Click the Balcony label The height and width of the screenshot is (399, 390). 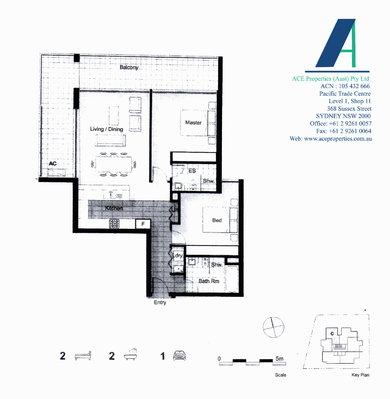pyautogui.click(x=129, y=67)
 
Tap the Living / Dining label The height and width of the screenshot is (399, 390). pyautogui.click(x=107, y=129)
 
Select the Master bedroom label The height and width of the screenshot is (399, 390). pyautogui.click(x=194, y=122)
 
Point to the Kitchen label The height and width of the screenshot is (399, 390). pyautogui.click(x=114, y=208)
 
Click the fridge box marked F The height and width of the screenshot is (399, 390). pyautogui.click(x=143, y=224)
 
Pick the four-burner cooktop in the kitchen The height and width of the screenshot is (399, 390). pyautogui.click(x=114, y=224)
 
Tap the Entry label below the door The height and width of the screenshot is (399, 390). pyautogui.click(x=160, y=303)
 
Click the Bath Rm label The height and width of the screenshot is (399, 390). pyautogui.click(x=209, y=281)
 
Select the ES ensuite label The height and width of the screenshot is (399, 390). pyautogui.click(x=192, y=171)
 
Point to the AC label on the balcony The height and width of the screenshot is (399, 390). pyautogui.click(x=53, y=164)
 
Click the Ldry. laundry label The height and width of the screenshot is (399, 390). pyautogui.click(x=178, y=255)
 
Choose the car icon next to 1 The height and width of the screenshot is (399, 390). pyautogui.click(x=180, y=355)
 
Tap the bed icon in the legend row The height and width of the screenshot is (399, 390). pyautogui.click(x=83, y=356)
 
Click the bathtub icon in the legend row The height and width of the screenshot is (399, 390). pyautogui.click(x=130, y=354)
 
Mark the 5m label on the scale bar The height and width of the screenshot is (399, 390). pyautogui.click(x=280, y=359)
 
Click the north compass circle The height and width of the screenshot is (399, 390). pyautogui.click(x=274, y=327)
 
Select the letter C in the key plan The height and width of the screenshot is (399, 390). pyautogui.click(x=332, y=334)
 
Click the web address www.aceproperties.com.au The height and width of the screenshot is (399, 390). pyautogui.click(x=338, y=139)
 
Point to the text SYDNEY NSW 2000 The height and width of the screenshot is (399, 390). pyautogui.click(x=343, y=116)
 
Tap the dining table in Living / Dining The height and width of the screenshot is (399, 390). pyautogui.click(x=114, y=165)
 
